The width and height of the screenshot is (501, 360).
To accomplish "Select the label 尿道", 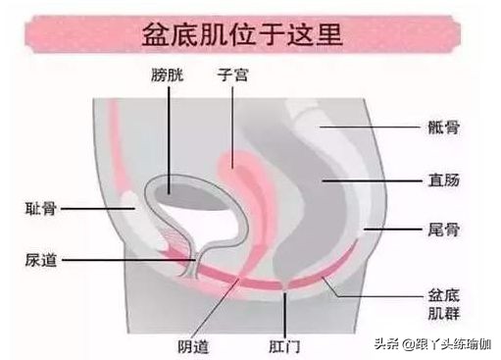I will tap(40, 260).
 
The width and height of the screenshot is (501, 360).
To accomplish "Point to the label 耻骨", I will tap(40, 208).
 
